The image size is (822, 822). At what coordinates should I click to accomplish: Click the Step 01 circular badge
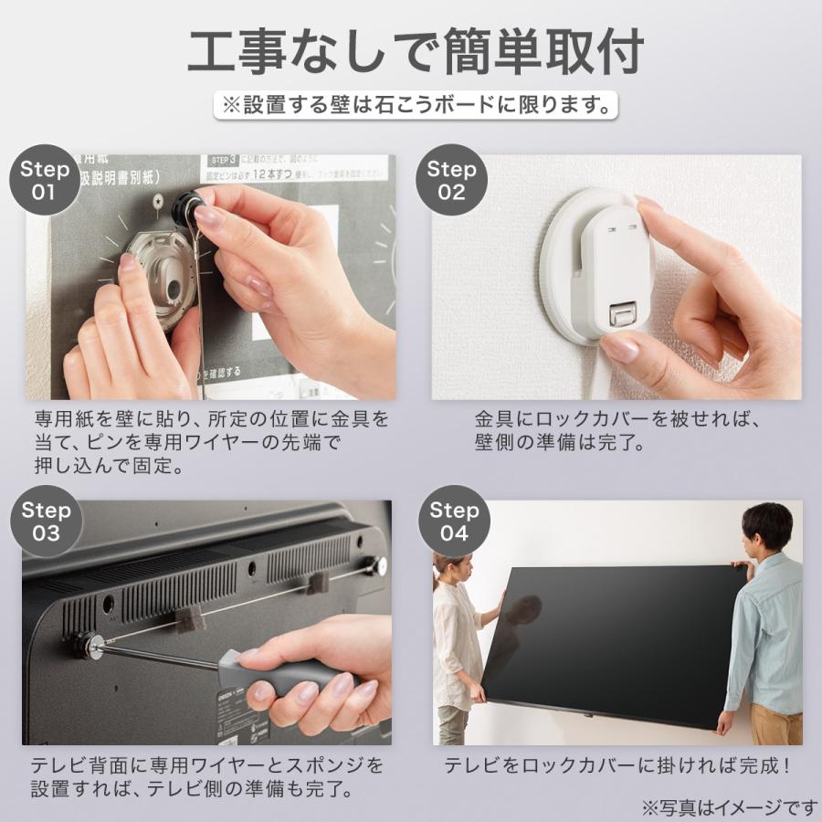(x=44, y=180)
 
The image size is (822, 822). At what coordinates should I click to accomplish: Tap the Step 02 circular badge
(x=452, y=180)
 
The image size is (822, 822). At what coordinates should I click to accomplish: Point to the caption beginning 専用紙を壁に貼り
(x=211, y=443)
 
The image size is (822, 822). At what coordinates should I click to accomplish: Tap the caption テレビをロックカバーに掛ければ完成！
(x=616, y=765)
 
